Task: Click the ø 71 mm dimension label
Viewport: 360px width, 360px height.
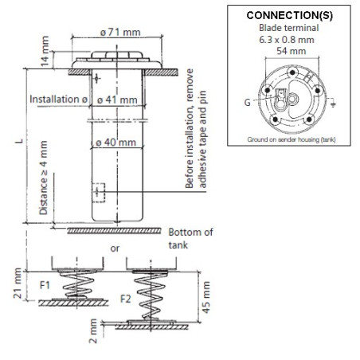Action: pyautogui.click(x=120, y=33)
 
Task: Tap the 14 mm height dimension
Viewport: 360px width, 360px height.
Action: pyautogui.click(x=45, y=51)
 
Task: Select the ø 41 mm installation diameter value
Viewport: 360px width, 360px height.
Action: pyautogui.click(x=117, y=100)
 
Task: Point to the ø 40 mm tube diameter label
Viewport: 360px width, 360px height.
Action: pyautogui.click(x=116, y=143)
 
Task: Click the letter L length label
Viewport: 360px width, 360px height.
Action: pyautogui.click(x=19, y=141)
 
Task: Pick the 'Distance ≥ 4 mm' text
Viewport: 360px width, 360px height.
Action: pyautogui.click(x=44, y=178)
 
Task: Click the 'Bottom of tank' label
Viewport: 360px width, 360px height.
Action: pyautogui.click(x=190, y=238)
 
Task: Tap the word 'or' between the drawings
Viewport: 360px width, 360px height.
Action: pyautogui.click(x=115, y=248)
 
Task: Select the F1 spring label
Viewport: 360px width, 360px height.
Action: pyautogui.click(x=45, y=285)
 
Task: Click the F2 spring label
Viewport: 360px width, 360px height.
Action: pyautogui.click(x=126, y=299)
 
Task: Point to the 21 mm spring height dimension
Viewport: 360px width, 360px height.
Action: pyautogui.click(x=18, y=283)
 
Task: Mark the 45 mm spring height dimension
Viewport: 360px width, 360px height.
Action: pyautogui.click(x=206, y=297)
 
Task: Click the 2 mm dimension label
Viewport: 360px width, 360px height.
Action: pyautogui.click(x=93, y=331)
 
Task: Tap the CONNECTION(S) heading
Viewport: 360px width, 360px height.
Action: pyautogui.click(x=289, y=15)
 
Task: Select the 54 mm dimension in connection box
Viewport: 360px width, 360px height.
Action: pyautogui.click(x=292, y=51)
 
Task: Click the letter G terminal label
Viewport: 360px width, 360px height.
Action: pyautogui.click(x=247, y=102)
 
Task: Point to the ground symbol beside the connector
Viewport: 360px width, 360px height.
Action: pyautogui.click(x=333, y=104)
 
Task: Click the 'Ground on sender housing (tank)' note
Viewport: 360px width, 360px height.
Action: pyautogui.click(x=292, y=139)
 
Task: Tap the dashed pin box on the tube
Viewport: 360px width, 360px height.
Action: pyautogui.click(x=99, y=193)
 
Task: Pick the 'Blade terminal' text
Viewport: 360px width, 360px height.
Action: pyautogui.click(x=289, y=28)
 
